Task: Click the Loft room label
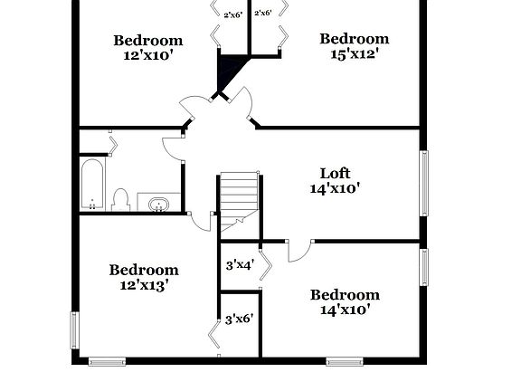click(335, 173)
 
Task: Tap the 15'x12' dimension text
click(354, 54)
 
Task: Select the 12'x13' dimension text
click(144, 285)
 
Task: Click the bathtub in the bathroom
click(92, 185)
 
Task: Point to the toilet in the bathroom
click(120, 199)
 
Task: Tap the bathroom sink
click(159, 203)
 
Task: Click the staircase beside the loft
click(241, 194)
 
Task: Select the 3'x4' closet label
click(239, 265)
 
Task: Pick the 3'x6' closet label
click(239, 319)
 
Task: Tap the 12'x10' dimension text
click(147, 56)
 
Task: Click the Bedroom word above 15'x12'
click(354, 38)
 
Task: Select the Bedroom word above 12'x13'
click(144, 269)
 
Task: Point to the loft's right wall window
click(423, 183)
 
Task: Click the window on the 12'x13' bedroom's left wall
click(75, 330)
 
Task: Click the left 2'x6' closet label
click(232, 14)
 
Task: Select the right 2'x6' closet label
click(263, 13)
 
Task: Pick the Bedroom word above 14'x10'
click(345, 294)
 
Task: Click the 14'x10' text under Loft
click(335, 189)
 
